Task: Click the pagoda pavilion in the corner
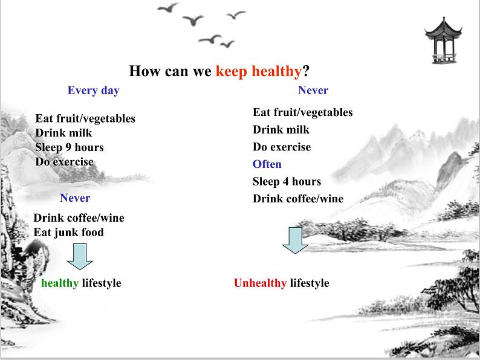coord(443,40)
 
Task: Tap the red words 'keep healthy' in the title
coord(259,71)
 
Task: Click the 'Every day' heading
coord(93,91)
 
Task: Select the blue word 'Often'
coord(267,164)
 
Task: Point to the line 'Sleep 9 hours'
coord(70,147)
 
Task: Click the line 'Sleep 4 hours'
coord(287,182)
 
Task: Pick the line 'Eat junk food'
coord(68,233)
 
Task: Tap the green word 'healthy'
coord(60,283)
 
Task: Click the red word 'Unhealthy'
coord(260,283)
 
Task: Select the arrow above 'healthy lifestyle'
coord(80,257)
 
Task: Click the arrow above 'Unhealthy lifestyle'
coord(295,240)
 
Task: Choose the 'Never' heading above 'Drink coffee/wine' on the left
coord(75,198)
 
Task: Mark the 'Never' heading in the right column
coord(313,90)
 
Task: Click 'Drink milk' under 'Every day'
coord(63,133)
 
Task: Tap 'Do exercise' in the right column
coord(282,147)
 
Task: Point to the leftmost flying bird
coord(168,7)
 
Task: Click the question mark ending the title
coord(306,71)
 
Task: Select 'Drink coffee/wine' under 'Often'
coord(298,199)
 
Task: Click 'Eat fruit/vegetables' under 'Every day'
coord(85,118)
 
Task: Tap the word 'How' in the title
coord(145,71)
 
